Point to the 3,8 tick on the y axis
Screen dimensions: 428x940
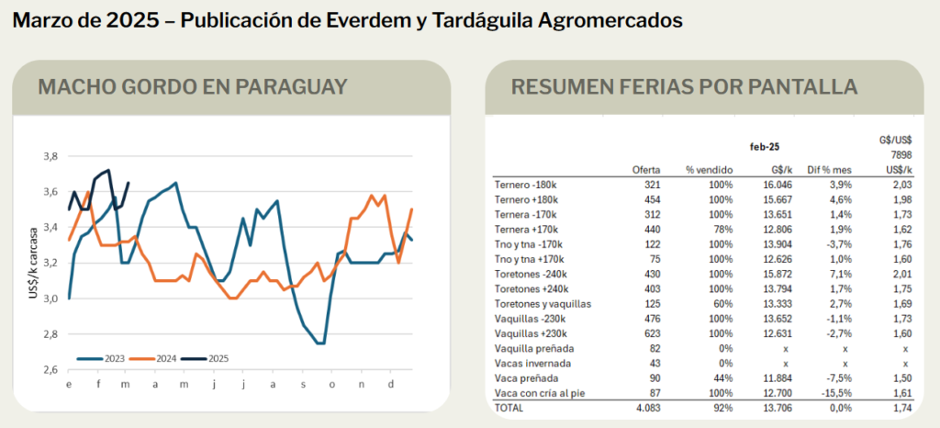pyautogui.click(x=50, y=156)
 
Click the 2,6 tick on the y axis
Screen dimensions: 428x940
pyautogui.click(x=50, y=370)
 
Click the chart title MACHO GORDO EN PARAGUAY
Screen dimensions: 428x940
pyautogui.click(x=193, y=87)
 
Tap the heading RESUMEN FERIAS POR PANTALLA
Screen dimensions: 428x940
pyautogui.click(x=684, y=87)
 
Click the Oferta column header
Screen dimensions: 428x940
pyautogui.click(x=646, y=170)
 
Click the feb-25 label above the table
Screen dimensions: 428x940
pyautogui.click(x=765, y=144)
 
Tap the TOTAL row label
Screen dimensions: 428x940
pyautogui.click(x=509, y=407)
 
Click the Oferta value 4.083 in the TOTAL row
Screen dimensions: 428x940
pyautogui.click(x=646, y=407)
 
